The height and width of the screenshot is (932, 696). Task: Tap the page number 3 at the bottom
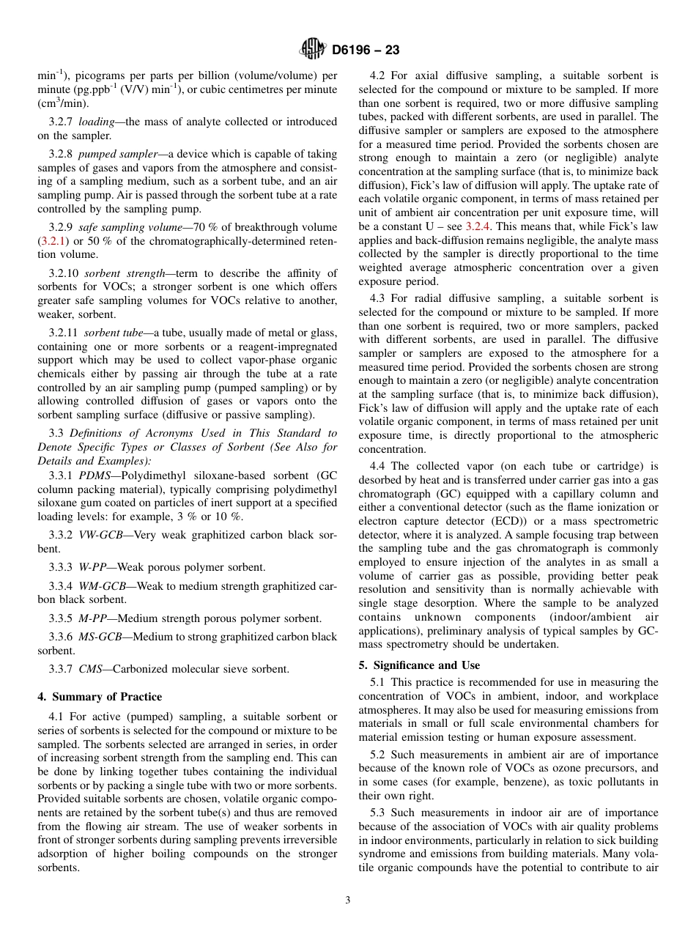click(348, 900)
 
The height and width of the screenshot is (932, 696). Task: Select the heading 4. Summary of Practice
click(100, 696)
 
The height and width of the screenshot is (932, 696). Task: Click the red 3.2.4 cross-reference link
click(480, 226)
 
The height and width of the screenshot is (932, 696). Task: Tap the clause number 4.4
click(379, 466)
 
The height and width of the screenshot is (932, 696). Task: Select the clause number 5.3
click(380, 813)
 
